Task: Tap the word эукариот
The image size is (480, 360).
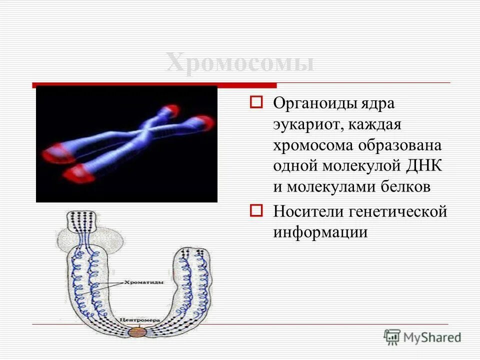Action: point(305,124)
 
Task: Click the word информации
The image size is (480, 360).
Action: point(320,232)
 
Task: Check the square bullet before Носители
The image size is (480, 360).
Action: point(256,210)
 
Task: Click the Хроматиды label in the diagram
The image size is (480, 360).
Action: point(135,282)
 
